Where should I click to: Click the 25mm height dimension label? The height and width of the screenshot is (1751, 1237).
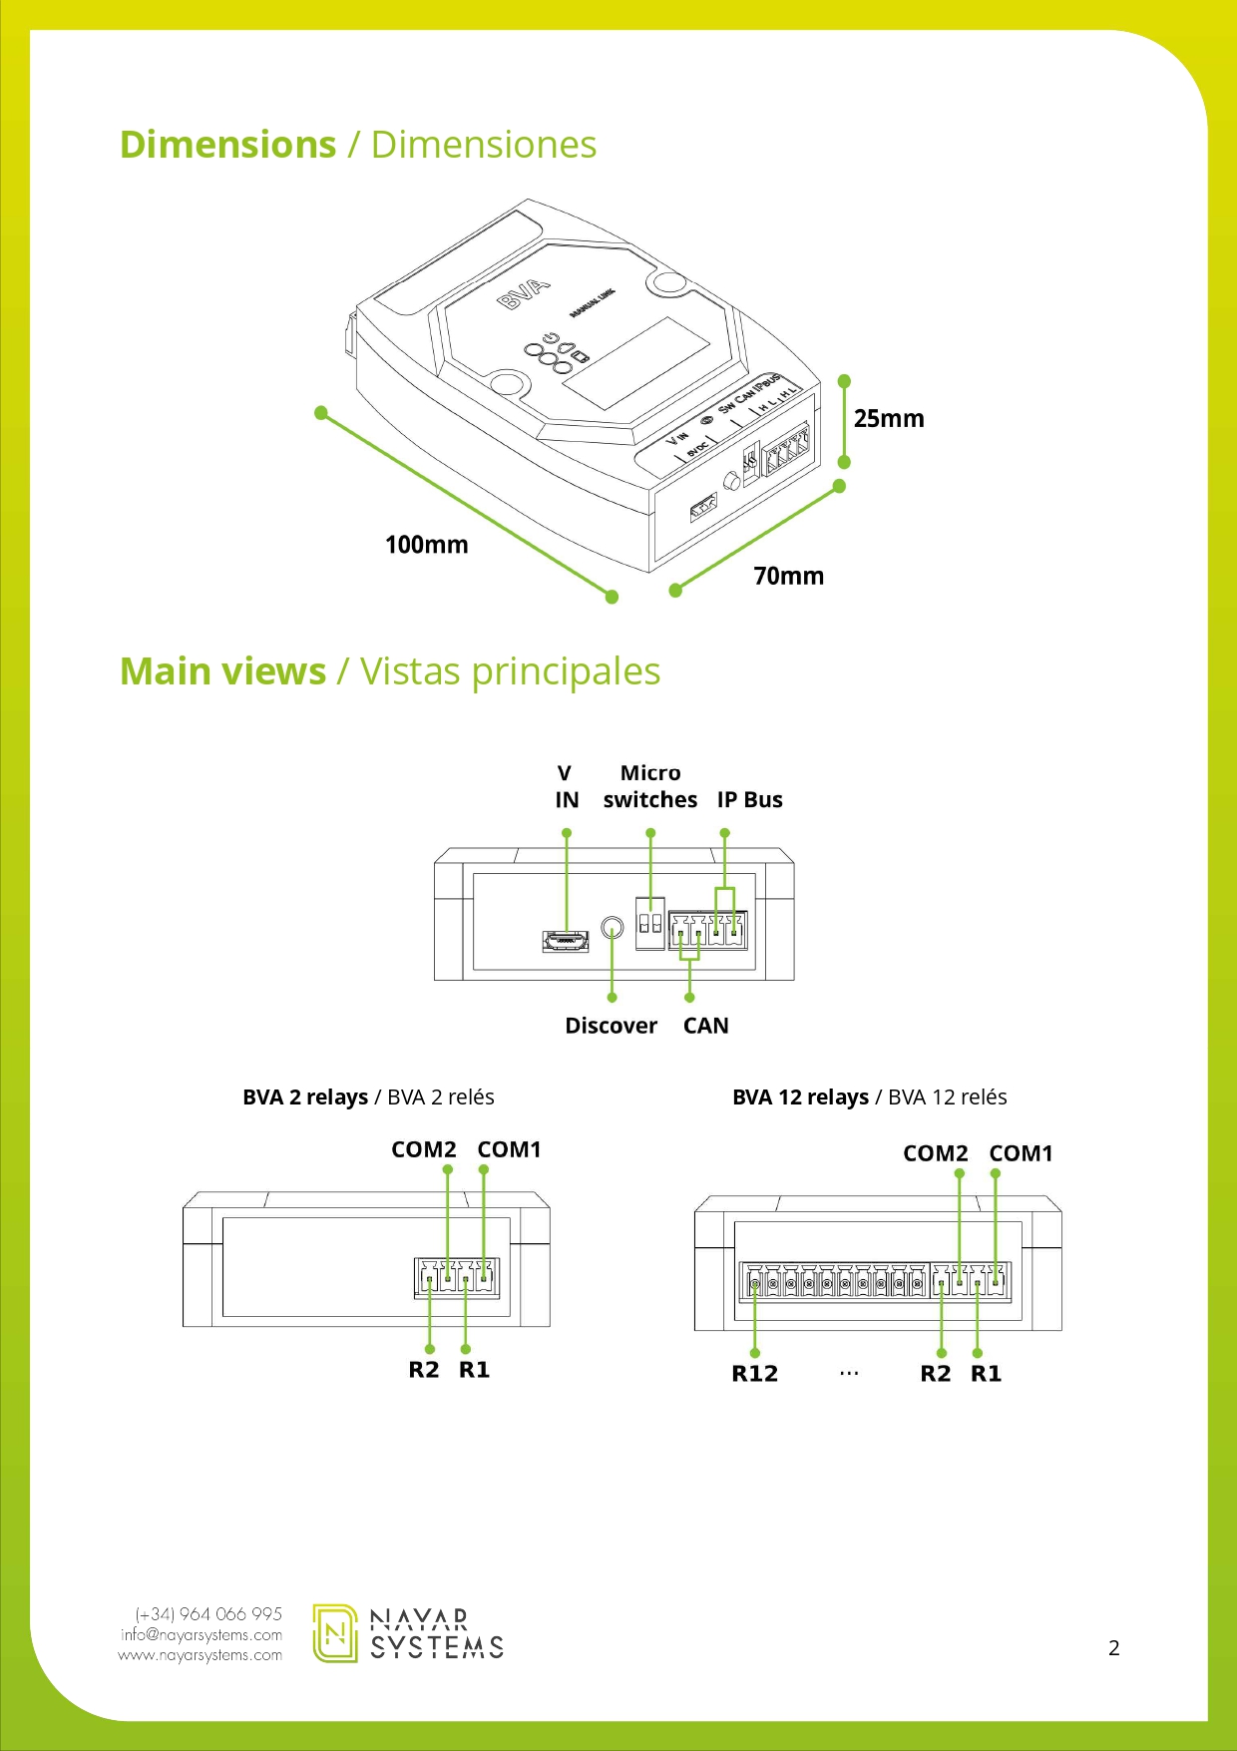point(888,418)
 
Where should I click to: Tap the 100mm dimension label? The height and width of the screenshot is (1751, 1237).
point(426,545)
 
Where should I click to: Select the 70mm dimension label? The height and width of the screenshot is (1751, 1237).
point(788,576)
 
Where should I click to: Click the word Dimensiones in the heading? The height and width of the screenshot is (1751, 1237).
point(483,145)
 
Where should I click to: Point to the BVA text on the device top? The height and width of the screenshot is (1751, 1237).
point(524,293)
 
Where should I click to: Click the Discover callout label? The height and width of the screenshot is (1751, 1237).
point(611,1026)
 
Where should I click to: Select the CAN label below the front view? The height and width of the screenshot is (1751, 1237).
point(705,1026)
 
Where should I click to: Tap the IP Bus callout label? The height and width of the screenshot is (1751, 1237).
point(749,800)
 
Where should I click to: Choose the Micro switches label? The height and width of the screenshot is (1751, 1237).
point(649,786)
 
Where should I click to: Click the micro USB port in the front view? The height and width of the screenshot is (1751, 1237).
point(566,940)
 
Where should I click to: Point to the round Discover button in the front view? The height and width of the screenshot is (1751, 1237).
point(614,929)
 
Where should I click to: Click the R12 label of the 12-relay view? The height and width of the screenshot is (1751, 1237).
point(754,1374)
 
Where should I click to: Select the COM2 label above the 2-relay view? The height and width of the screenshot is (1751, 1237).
point(423,1149)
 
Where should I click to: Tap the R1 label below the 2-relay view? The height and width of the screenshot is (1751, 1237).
point(474,1370)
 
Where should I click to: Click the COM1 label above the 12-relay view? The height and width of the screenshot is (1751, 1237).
point(1021,1153)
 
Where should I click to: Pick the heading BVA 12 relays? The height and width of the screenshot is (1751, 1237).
point(800,1097)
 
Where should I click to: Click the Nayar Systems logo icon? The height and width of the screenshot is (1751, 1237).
point(335,1633)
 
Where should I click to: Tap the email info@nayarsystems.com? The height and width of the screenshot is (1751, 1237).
point(201,1634)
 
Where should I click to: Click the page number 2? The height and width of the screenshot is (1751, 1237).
point(1113,1648)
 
